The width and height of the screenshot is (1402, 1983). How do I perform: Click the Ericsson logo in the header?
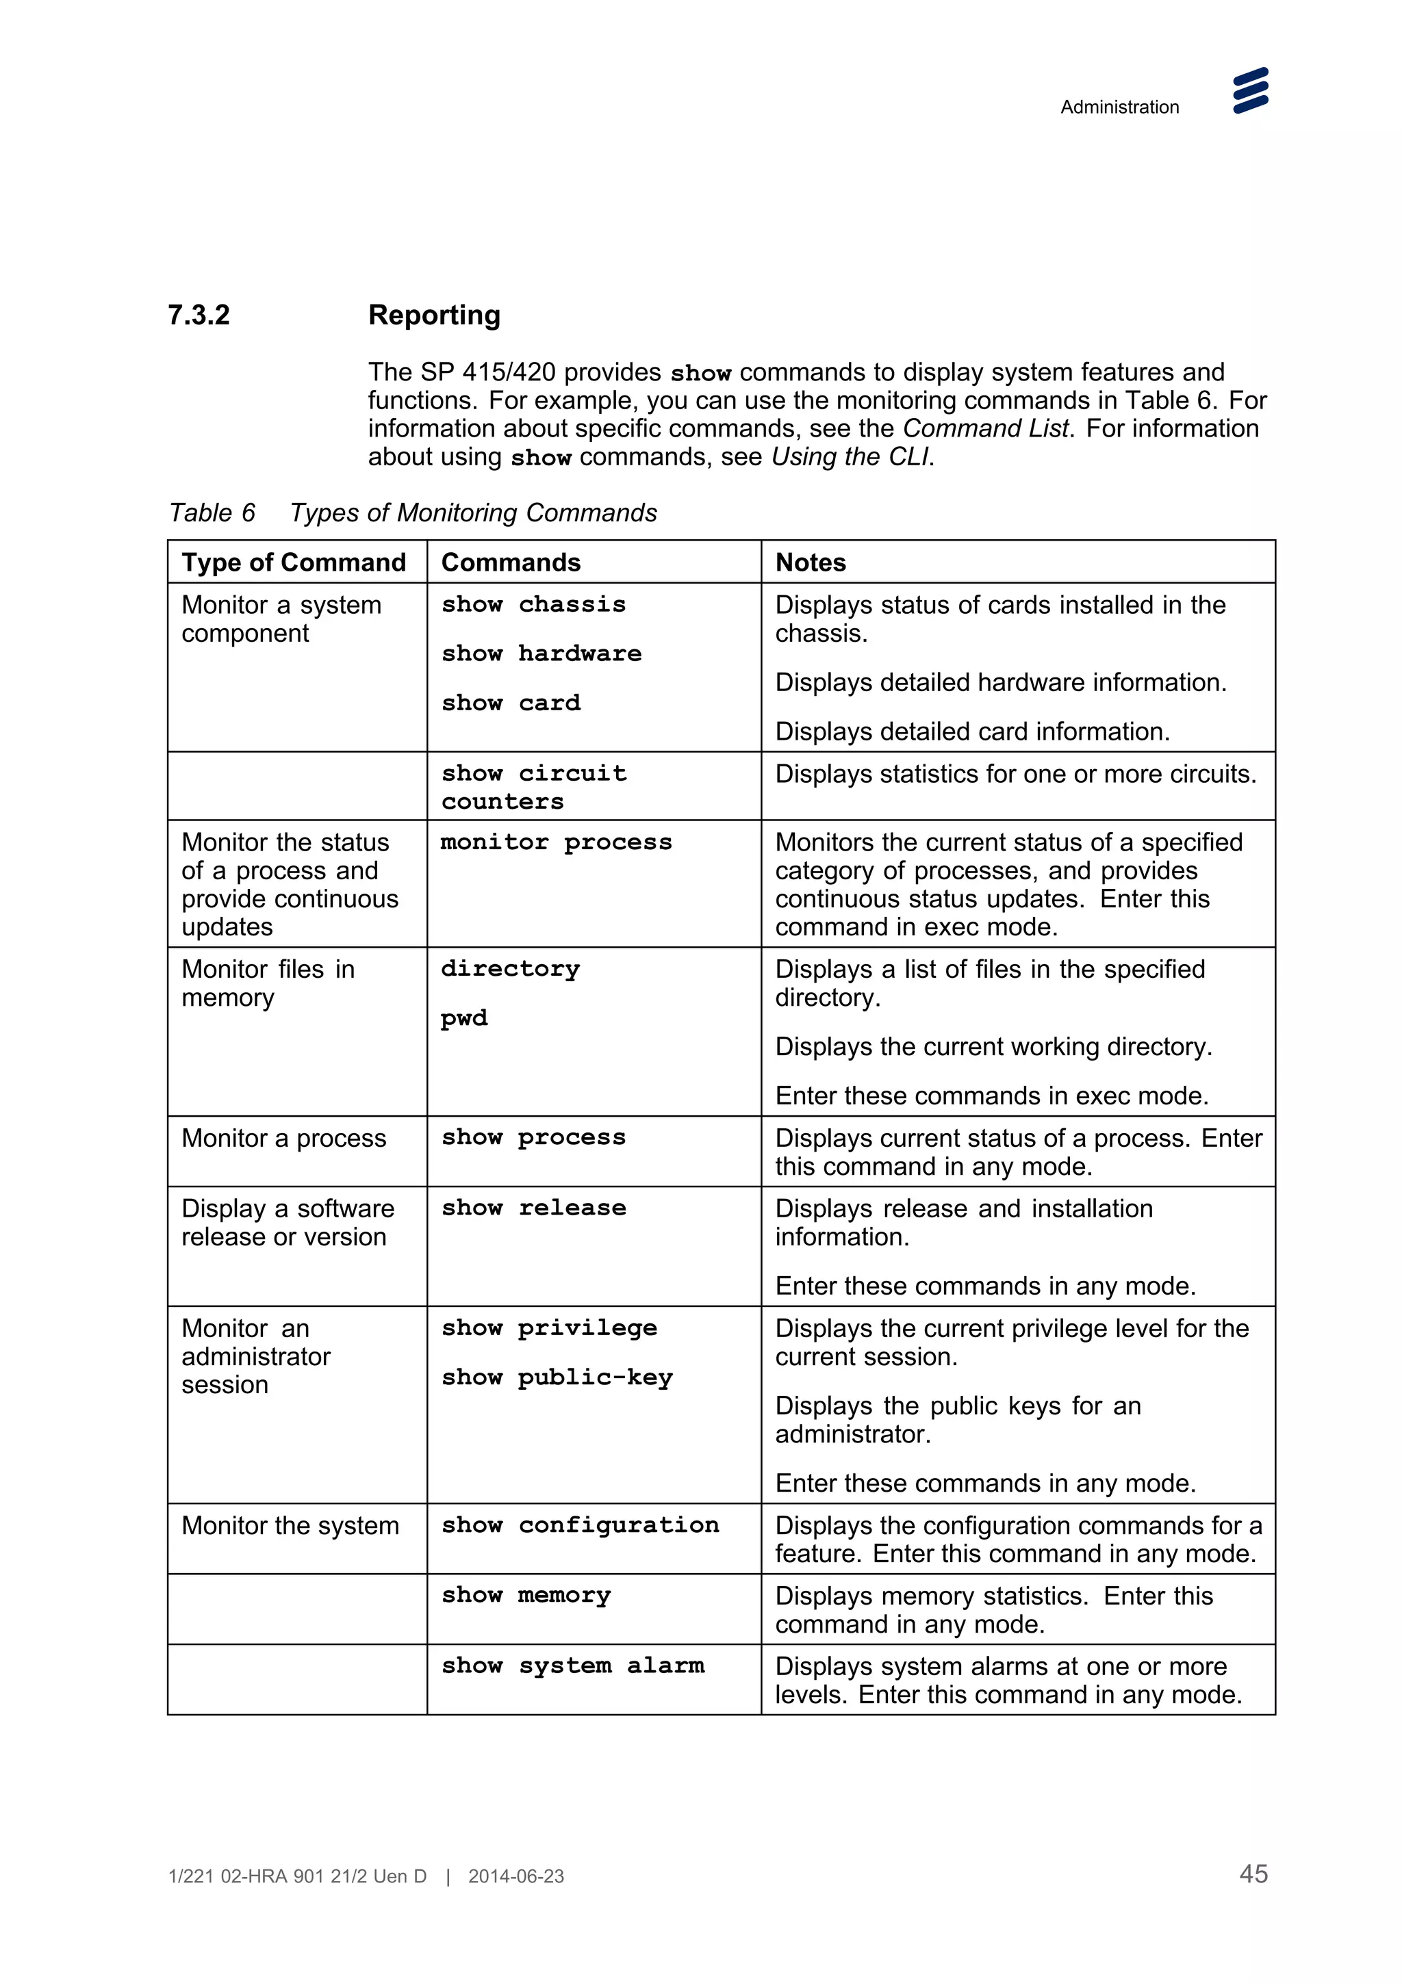tap(1250, 91)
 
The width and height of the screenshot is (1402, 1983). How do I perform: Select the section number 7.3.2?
tap(199, 315)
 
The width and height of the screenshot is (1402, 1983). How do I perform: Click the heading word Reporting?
tap(433, 315)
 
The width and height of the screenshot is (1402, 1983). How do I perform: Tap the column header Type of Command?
tap(294, 562)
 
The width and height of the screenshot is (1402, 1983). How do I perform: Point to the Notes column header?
tap(811, 562)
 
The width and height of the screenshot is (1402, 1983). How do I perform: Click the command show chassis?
tap(533, 605)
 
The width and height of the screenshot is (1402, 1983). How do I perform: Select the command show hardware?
tap(541, 653)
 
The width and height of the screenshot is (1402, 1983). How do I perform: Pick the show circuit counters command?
tap(533, 787)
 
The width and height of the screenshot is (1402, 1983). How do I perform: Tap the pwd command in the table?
tap(465, 1018)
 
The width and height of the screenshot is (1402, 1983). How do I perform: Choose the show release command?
tap(533, 1208)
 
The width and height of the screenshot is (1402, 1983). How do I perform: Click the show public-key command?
tap(557, 1377)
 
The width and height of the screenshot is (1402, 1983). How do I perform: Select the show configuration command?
tap(580, 1525)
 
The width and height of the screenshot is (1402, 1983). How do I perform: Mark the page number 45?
tap(1253, 1874)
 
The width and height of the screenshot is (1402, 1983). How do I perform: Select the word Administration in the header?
tap(1119, 107)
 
